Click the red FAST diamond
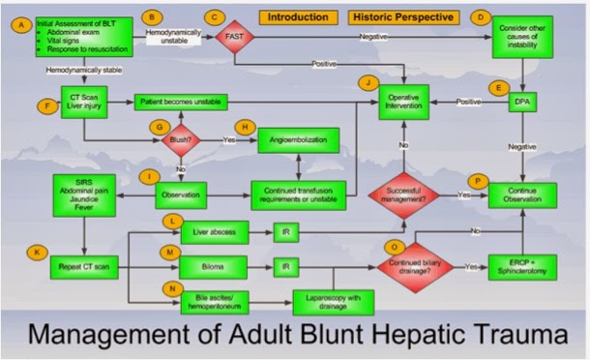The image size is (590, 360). (x=234, y=36)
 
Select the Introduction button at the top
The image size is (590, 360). (x=297, y=17)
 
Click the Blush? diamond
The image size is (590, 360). (x=181, y=139)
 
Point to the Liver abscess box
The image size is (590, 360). (x=215, y=232)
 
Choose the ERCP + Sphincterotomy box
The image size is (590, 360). (x=523, y=266)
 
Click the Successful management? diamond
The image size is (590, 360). (x=402, y=195)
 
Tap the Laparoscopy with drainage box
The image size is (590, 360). (x=335, y=303)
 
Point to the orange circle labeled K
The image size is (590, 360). (x=36, y=251)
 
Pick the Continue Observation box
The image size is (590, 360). (x=523, y=195)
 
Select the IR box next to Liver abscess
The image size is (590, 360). (x=286, y=232)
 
